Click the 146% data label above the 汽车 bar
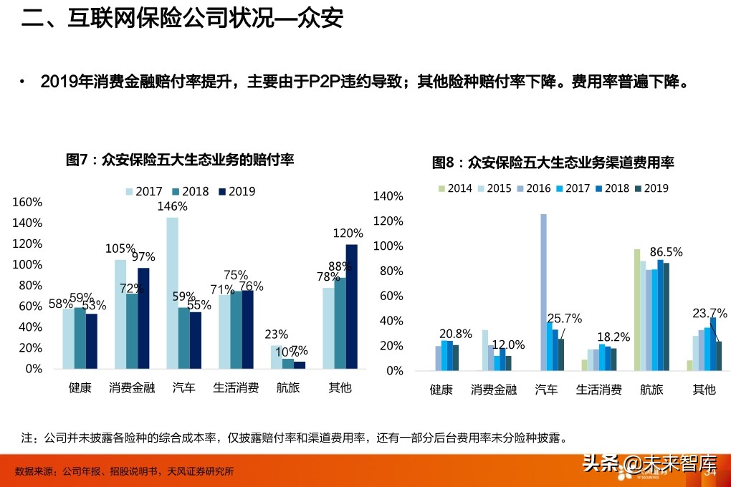(172, 206)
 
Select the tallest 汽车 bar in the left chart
(172, 293)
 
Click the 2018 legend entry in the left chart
(190, 191)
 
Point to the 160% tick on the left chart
(28, 203)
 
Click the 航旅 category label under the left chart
(289, 388)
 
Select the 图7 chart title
(180, 159)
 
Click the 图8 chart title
(553, 163)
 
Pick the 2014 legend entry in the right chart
(455, 188)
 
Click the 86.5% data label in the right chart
(666, 252)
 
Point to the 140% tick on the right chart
(389, 196)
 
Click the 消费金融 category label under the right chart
(494, 390)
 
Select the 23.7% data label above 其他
(709, 313)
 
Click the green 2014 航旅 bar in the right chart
(636, 310)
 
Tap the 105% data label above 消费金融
(120, 249)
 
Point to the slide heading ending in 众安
(182, 19)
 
